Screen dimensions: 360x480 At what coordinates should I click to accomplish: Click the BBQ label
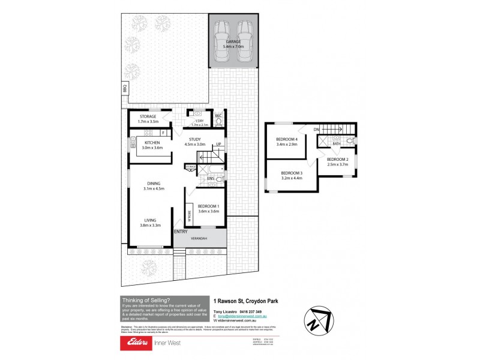(125, 88)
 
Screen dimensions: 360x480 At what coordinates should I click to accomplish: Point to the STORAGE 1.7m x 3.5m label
(148, 116)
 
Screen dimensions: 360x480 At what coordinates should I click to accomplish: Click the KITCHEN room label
(152, 142)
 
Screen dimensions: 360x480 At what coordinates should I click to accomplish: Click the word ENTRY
(180, 232)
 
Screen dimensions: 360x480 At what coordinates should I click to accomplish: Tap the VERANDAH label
(200, 238)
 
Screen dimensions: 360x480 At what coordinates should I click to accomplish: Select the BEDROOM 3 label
(293, 173)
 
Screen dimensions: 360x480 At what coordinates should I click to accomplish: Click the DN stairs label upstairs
(316, 128)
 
